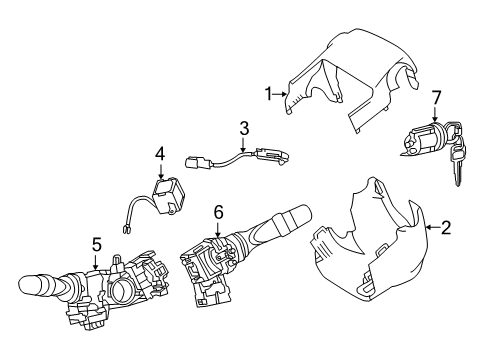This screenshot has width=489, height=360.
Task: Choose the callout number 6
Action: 218,211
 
